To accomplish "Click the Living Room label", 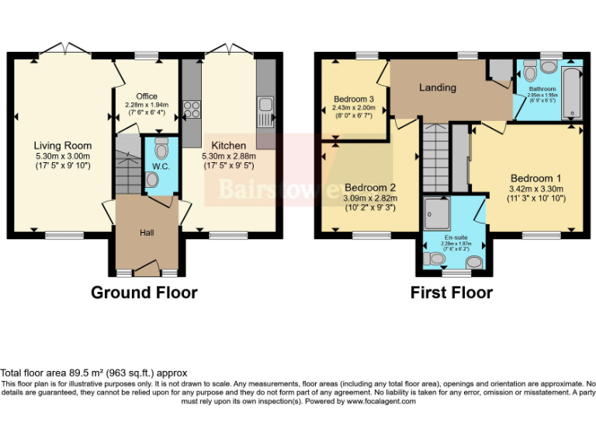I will (x=62, y=145).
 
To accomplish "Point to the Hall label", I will (x=147, y=232).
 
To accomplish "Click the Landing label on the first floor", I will (x=438, y=88).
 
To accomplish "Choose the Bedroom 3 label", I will (x=354, y=99).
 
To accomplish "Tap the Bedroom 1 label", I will (x=535, y=178).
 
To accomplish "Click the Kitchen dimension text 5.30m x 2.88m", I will (x=229, y=155).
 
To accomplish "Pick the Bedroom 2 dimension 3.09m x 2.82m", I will (x=371, y=198).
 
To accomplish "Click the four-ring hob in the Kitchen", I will (x=191, y=108).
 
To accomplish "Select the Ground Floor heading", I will (x=144, y=293).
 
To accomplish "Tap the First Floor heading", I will (x=452, y=293).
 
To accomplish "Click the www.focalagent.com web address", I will (x=381, y=401).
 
